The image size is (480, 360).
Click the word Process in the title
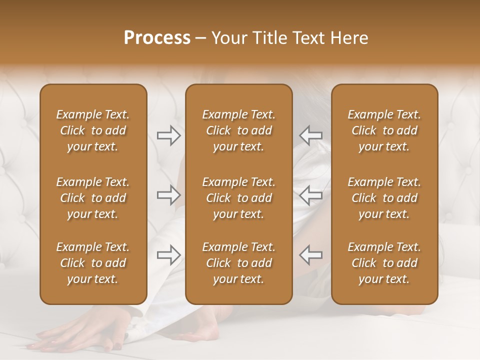(157, 38)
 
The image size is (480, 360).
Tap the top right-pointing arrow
(169, 135)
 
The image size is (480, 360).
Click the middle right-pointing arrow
(169, 195)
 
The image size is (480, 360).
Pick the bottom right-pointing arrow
(169, 255)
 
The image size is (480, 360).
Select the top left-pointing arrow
(310, 135)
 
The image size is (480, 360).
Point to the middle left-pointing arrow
(310, 195)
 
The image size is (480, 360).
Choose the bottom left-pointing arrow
(310, 255)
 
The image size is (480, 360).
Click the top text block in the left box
(93, 130)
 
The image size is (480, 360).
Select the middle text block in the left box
(93, 198)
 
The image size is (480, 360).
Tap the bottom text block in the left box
(93, 263)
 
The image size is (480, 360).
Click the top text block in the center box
(238, 130)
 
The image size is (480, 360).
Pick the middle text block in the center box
(238, 198)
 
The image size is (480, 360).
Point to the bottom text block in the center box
(238, 263)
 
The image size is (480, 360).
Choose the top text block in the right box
(384, 130)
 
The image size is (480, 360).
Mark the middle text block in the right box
(384, 198)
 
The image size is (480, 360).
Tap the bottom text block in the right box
(384, 263)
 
